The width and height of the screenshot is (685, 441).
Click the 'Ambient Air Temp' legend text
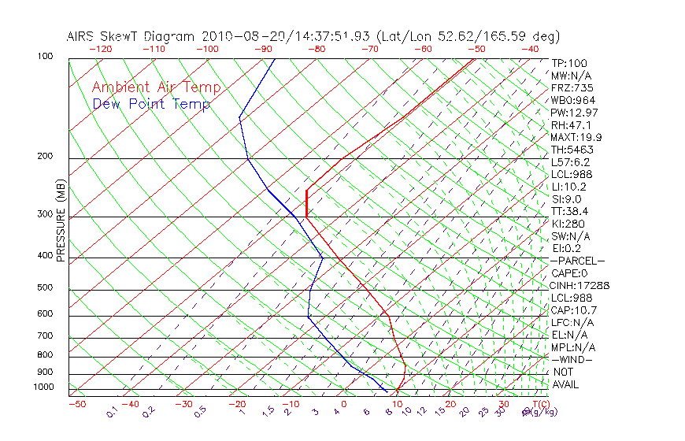coord(156,88)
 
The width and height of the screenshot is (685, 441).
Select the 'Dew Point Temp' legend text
coord(151,104)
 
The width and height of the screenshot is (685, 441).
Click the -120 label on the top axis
coord(100,49)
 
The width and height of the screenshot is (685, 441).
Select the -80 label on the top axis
coord(316,49)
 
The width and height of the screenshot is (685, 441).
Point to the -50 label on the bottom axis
coord(76,404)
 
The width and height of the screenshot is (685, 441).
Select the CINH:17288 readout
coord(581,286)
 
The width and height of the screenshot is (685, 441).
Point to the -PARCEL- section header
coord(578,261)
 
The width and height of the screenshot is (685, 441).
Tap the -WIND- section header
coord(573,360)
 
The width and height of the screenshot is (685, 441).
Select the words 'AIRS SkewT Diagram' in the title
coord(132,36)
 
